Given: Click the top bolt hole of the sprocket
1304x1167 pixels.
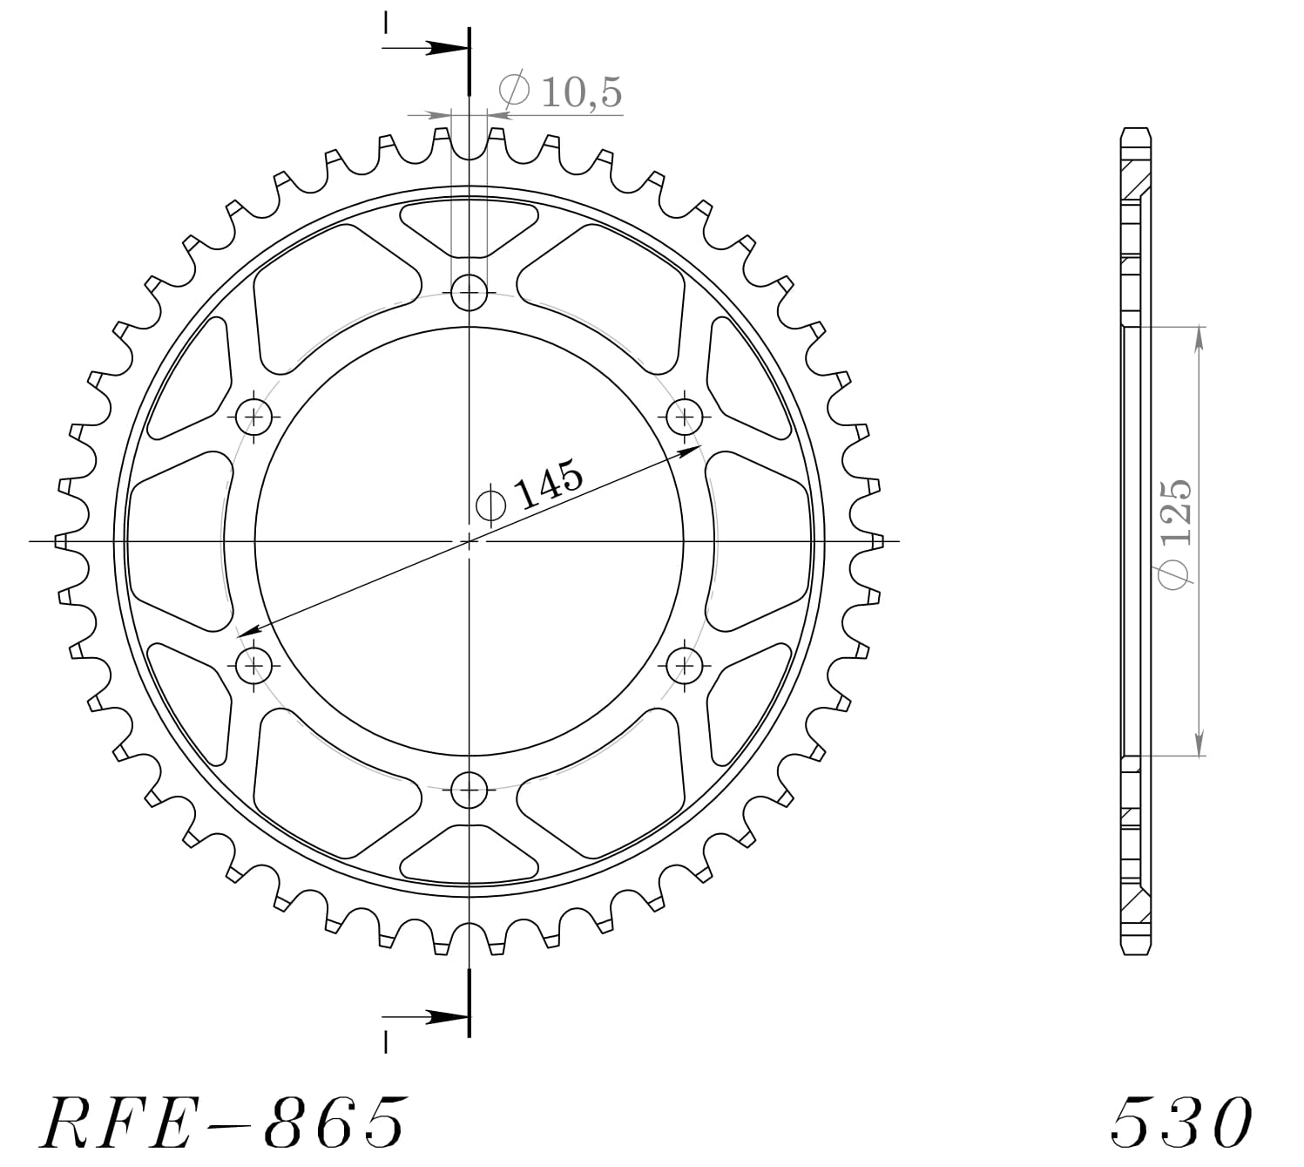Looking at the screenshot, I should tap(470, 291).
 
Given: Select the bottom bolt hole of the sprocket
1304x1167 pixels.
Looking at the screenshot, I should tap(470, 791).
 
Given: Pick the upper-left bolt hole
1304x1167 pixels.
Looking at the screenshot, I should tap(254, 417).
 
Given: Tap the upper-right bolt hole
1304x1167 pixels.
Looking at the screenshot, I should tap(685, 417).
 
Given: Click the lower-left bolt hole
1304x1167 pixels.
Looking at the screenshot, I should tap(254, 667).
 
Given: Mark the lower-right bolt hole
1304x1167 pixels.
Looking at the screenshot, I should tap(685, 667).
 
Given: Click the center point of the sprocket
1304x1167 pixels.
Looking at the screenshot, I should tap(470, 541).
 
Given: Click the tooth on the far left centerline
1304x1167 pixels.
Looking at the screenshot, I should tap(62, 541).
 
